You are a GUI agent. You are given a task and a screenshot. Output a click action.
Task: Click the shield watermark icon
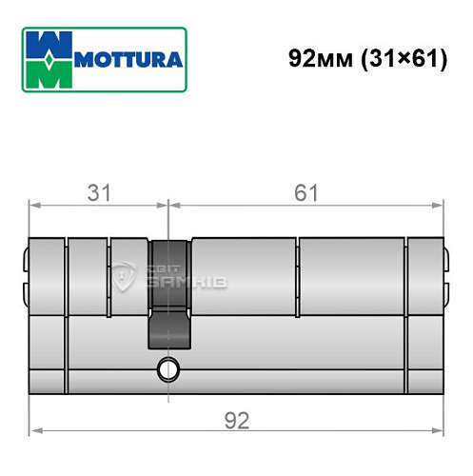(x=126, y=276)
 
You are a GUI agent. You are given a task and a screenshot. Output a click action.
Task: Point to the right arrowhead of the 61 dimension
(x=439, y=204)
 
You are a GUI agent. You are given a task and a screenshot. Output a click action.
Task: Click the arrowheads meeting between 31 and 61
(x=168, y=204)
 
